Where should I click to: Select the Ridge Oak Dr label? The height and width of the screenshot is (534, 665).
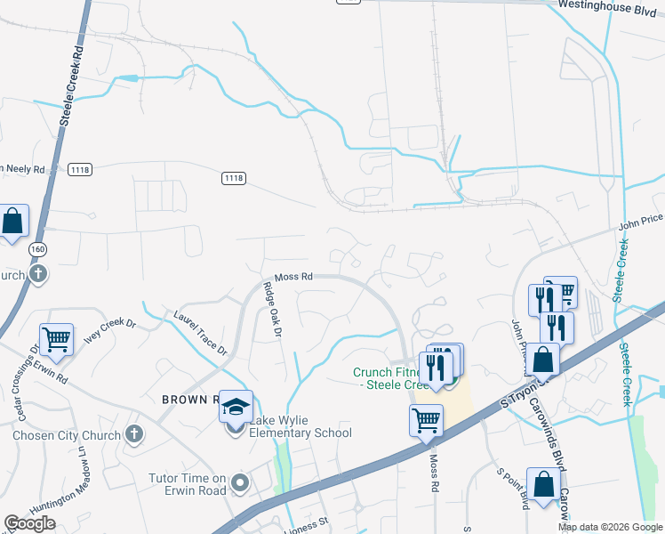click(271, 310)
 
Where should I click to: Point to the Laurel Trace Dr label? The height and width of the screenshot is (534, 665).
click(201, 330)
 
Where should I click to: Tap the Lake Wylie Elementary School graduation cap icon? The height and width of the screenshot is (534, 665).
click(236, 408)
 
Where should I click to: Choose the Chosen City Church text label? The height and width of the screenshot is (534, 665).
click(66, 436)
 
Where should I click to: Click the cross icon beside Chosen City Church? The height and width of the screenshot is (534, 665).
click(133, 435)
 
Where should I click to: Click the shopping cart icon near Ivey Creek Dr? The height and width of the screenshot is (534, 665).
click(56, 338)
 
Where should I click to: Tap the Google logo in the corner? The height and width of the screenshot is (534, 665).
click(29, 522)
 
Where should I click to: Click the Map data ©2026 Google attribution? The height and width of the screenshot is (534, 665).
click(609, 527)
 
